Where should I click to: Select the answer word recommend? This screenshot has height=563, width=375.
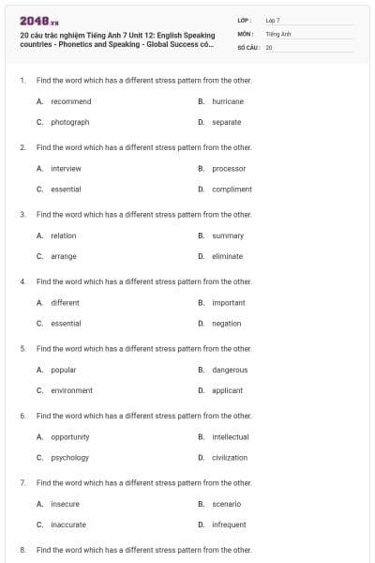point(71,101)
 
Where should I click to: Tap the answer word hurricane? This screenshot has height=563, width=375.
point(228,101)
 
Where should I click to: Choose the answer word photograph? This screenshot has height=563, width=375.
point(70,122)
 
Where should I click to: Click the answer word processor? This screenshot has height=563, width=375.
point(229,169)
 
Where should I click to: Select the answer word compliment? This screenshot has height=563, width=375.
point(232,190)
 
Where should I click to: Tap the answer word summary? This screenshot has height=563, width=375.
point(228,236)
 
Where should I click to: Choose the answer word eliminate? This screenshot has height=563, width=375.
point(228,256)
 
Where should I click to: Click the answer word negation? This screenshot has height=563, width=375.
point(227,324)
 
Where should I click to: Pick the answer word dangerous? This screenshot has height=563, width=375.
point(230,370)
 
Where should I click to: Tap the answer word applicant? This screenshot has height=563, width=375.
point(228,390)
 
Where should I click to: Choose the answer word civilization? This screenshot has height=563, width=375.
point(231,458)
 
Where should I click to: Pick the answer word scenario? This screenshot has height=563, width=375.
point(227,504)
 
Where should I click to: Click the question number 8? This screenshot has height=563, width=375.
point(22,550)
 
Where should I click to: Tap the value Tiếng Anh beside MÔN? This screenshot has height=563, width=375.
point(278,33)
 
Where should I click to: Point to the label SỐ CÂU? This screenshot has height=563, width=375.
point(247,46)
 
